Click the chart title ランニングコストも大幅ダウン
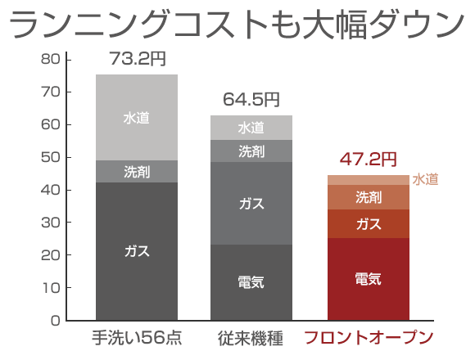(x=237, y=25)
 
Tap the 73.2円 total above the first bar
(x=137, y=60)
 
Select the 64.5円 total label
(x=251, y=101)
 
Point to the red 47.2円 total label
(x=368, y=159)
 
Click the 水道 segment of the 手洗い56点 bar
(x=137, y=117)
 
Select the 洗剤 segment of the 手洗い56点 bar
(x=137, y=171)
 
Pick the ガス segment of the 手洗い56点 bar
(x=137, y=250)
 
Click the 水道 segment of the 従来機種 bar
(x=251, y=128)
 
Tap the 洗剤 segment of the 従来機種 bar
(x=251, y=151)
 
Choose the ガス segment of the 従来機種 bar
(x=251, y=203)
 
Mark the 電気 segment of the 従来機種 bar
(x=251, y=282)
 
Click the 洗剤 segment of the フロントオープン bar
(x=368, y=197)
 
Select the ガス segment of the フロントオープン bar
(x=368, y=223)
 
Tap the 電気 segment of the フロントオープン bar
(x=368, y=279)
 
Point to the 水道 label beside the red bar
(x=425, y=179)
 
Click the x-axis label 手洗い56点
(x=137, y=338)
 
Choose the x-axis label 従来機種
(x=251, y=338)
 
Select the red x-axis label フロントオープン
(x=368, y=338)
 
